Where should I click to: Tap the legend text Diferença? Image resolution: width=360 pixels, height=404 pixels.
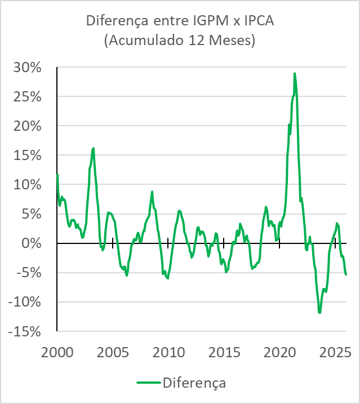click(194, 383)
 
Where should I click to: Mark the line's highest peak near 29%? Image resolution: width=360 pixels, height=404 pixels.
click(294, 74)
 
